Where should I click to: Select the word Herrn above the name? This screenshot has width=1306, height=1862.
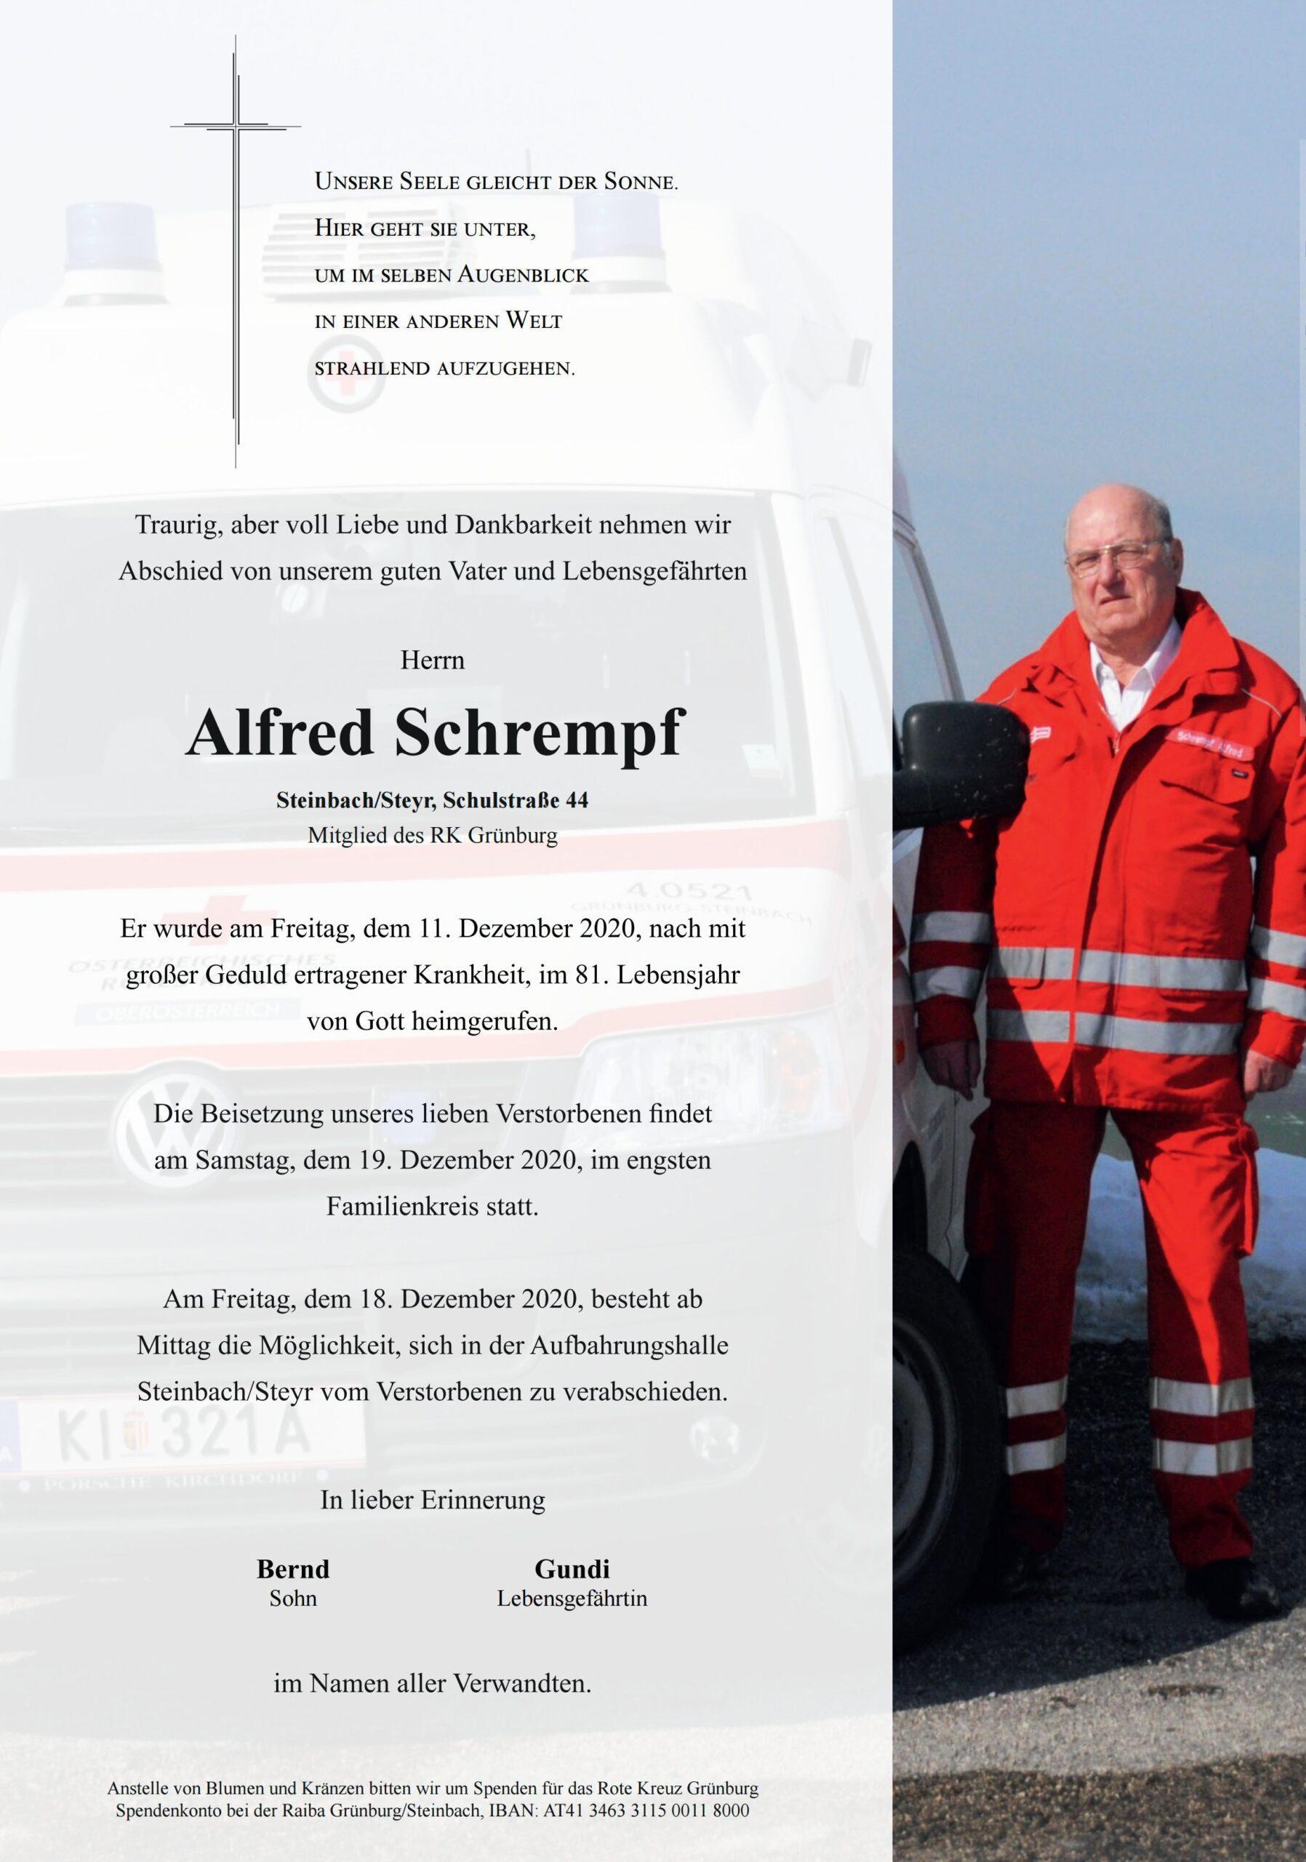click(432, 661)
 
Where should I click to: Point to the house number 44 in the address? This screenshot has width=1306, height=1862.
click(577, 802)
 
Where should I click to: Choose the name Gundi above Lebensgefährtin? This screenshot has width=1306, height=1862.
click(572, 1569)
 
